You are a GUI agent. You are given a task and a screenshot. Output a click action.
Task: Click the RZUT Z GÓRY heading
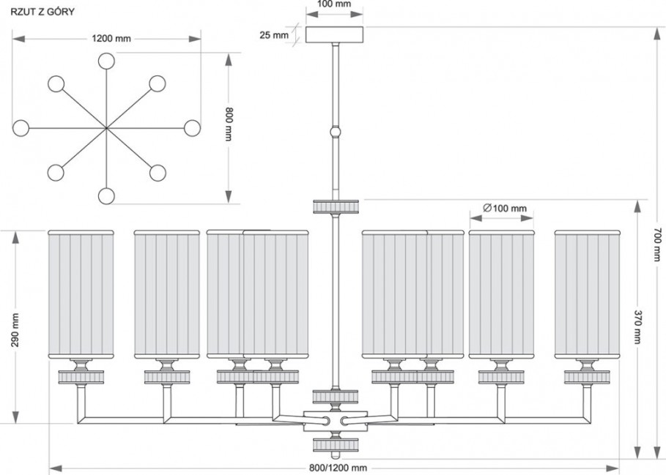(x=42, y=12)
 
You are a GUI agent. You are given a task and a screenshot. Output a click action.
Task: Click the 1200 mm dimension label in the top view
(x=111, y=39)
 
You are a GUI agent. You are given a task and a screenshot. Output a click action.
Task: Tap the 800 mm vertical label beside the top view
(x=229, y=124)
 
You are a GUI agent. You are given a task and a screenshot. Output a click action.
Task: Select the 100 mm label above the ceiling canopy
(x=335, y=4)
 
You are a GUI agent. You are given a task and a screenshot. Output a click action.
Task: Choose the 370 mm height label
(x=638, y=327)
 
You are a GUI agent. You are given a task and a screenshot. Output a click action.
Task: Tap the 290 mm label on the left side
(x=15, y=330)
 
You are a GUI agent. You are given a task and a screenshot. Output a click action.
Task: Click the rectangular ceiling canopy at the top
(x=335, y=35)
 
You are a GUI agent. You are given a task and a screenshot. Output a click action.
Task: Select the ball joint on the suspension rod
(x=336, y=132)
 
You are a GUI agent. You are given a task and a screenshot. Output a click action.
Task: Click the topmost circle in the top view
(x=106, y=61)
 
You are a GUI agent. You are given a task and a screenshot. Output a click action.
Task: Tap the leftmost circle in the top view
(x=21, y=127)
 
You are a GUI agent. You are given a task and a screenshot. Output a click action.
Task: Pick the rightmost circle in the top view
(x=192, y=127)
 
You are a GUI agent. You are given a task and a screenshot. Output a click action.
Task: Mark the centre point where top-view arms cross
(x=106, y=127)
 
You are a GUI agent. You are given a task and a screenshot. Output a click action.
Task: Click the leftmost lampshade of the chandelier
(x=81, y=294)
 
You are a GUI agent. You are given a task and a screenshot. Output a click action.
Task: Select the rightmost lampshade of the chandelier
(x=588, y=294)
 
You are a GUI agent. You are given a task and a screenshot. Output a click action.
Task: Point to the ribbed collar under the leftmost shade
(x=81, y=377)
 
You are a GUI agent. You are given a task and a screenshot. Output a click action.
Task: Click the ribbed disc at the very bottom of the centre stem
(x=336, y=444)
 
